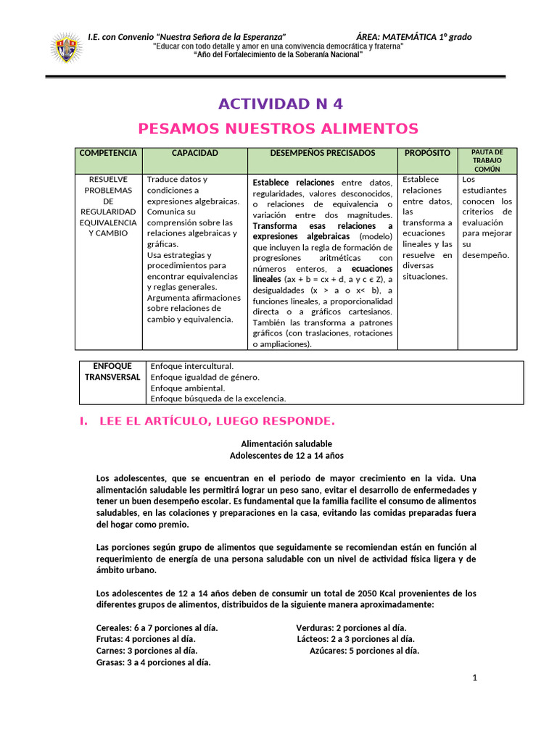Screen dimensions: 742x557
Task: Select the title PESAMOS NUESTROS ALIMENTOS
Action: coord(278,129)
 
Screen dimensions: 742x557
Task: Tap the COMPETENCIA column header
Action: coord(107,154)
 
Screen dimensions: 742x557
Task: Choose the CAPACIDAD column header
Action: coord(194,154)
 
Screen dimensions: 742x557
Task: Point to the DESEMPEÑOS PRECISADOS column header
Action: coord(323,154)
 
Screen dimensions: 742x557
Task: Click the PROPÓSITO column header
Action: coord(427,154)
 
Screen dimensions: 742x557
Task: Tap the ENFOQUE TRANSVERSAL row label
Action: coord(112,372)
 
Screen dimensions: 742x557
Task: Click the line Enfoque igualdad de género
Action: coord(205,378)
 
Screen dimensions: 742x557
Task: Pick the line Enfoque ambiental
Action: coord(187,388)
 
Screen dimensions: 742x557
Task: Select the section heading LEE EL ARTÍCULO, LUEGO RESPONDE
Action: coord(215,422)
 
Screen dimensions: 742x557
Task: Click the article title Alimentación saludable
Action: coord(286,443)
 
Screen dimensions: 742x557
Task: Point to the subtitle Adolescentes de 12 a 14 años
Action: coord(286,456)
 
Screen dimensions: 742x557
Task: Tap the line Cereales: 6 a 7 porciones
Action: coord(157,628)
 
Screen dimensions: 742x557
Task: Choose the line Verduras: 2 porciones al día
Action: coord(351,628)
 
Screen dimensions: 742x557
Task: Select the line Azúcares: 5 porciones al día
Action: coord(364,651)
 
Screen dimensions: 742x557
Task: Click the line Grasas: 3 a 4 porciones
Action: coord(153,662)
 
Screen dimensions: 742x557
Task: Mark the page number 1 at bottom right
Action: coord(474,678)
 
